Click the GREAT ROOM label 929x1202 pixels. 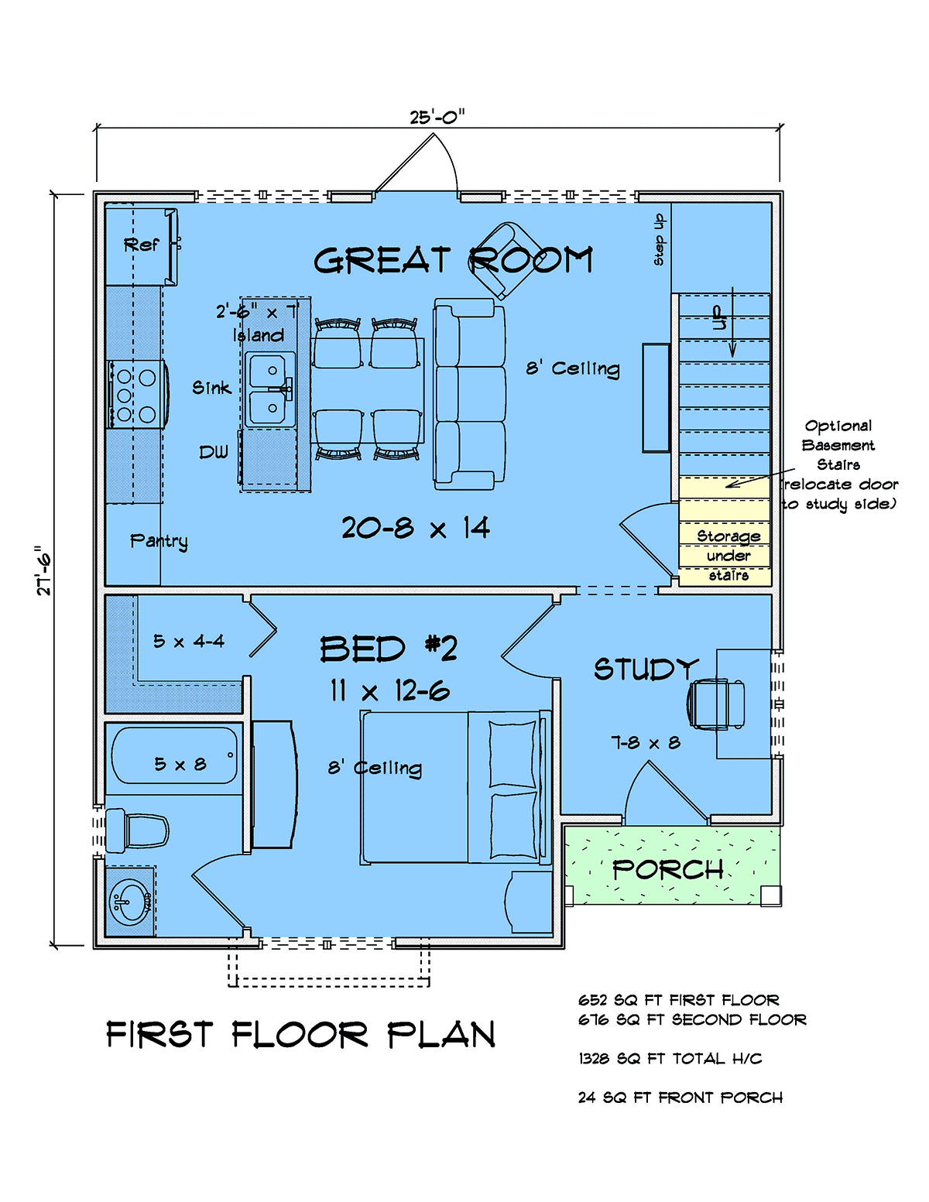click(x=453, y=261)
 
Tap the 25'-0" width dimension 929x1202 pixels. click(x=437, y=117)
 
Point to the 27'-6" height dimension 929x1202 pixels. click(x=44, y=570)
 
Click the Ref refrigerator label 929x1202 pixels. click(x=142, y=244)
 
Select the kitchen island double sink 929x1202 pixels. click(x=270, y=389)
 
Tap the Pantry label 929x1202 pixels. click(x=159, y=541)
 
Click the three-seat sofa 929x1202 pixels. click(x=469, y=395)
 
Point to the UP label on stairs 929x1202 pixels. click(x=718, y=317)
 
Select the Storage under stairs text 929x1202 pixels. click(x=728, y=556)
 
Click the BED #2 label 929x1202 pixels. click(x=389, y=649)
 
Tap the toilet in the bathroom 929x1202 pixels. click(x=137, y=830)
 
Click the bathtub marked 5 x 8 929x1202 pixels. click(x=174, y=755)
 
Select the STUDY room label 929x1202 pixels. click(x=646, y=669)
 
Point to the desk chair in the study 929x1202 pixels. click(x=716, y=704)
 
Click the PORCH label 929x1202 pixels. click(x=668, y=870)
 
